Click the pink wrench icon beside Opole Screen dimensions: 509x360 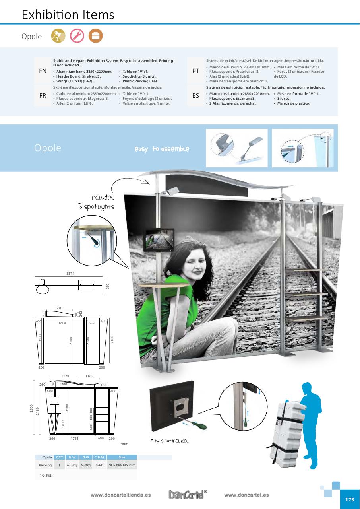77,36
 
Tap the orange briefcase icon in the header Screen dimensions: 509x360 95,36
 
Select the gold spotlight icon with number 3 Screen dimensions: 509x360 58,36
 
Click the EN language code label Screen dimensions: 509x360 43,71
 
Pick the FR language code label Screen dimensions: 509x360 43,96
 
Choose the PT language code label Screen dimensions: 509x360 195,71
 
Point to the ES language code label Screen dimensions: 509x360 195,96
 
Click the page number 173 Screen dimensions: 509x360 349,500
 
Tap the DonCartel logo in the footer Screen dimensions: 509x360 188,495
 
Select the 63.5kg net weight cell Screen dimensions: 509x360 72,465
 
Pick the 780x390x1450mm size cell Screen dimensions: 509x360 122,465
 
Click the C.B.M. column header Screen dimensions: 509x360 99,457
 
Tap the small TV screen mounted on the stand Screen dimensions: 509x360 159,240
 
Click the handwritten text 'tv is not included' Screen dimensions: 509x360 170,441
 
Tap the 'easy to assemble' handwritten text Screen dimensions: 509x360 162,149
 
